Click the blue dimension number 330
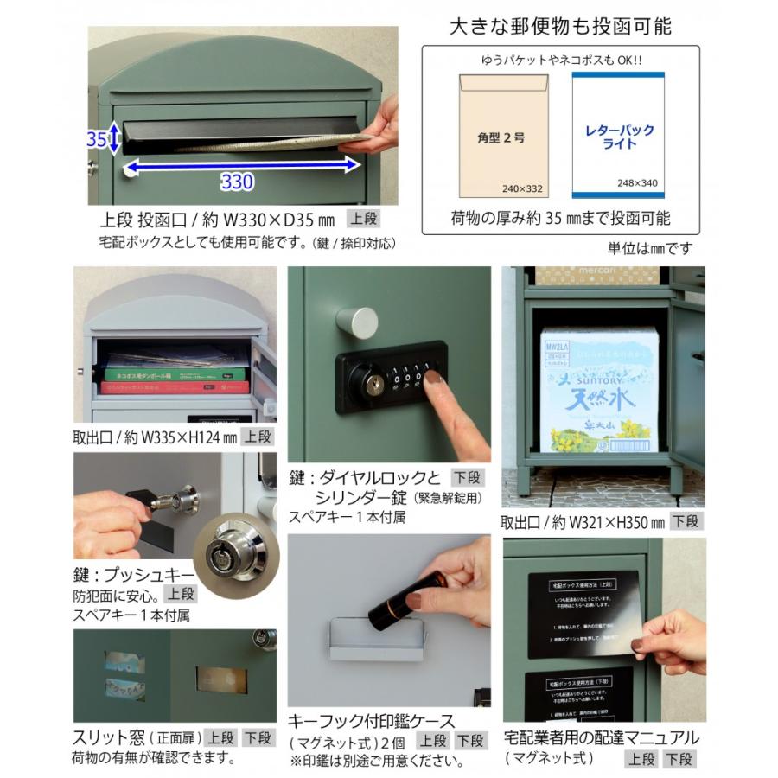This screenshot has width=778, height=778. [236, 182]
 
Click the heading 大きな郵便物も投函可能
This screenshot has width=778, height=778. [560, 25]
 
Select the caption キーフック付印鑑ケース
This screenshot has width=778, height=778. [372, 720]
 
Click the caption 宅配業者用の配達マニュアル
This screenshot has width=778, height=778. [602, 737]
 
